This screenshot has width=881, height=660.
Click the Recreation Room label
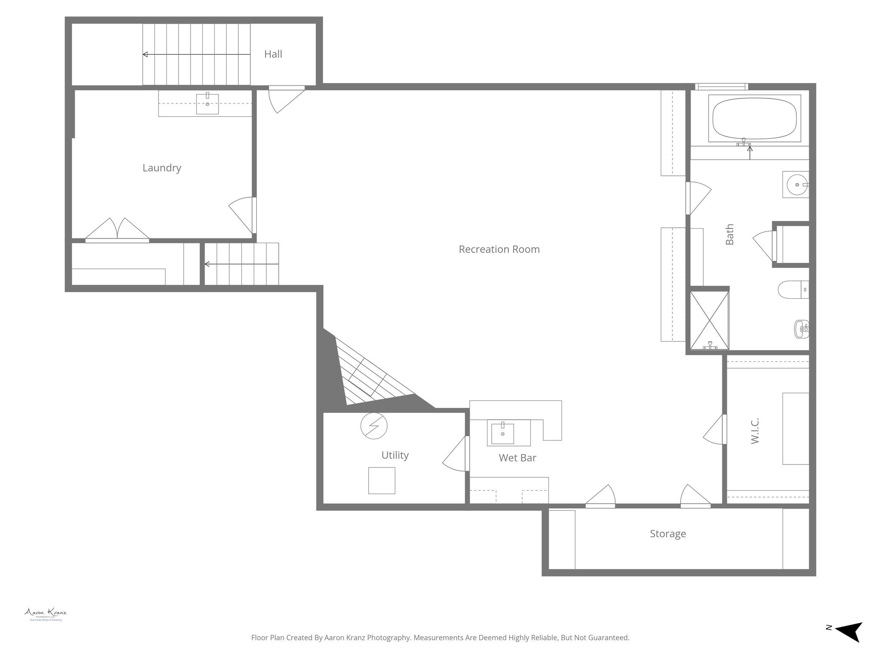(x=499, y=249)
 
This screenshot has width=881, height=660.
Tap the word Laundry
(x=162, y=168)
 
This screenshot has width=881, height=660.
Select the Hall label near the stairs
(x=273, y=54)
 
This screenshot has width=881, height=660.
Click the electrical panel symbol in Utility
(x=374, y=426)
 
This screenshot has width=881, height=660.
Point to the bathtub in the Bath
(x=754, y=118)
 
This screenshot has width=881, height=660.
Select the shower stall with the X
(x=709, y=321)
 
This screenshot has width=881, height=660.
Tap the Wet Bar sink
(x=502, y=434)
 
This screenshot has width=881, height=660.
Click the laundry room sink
(x=207, y=104)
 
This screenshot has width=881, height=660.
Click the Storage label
(x=668, y=534)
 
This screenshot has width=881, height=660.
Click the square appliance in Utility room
(x=382, y=480)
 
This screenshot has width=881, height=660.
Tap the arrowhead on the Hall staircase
(x=145, y=55)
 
